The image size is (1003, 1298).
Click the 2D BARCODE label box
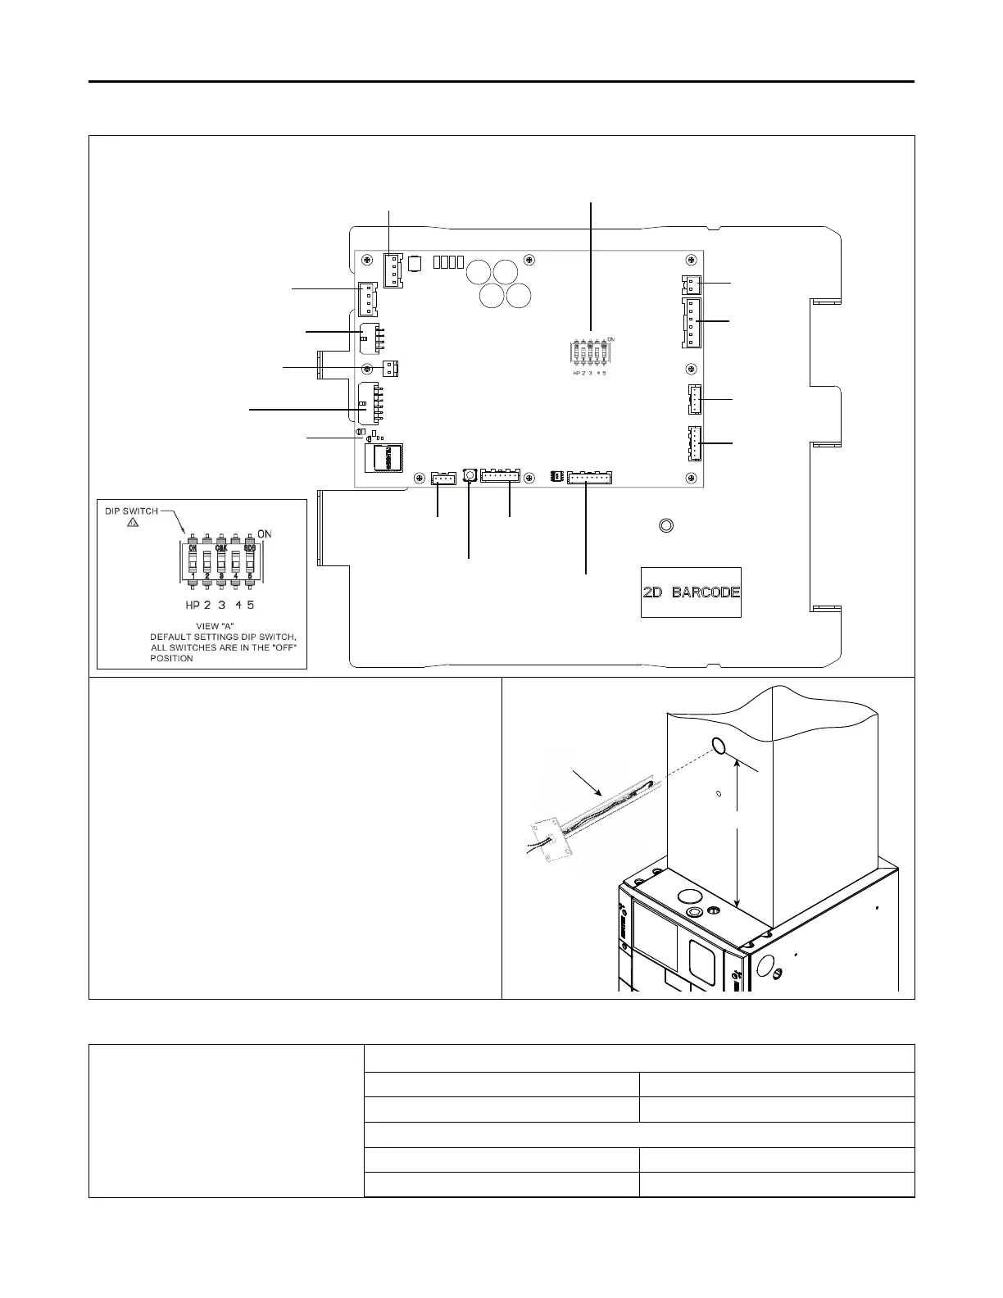[691, 592]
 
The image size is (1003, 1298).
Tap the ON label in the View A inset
[265, 534]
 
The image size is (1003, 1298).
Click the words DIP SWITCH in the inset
[131, 511]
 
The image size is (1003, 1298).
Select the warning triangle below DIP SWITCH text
[134, 523]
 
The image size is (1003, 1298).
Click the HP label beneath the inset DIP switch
[193, 605]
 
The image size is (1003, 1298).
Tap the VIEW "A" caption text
[201, 625]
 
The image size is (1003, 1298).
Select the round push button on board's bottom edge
[470, 474]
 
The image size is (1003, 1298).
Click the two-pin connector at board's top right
[692, 284]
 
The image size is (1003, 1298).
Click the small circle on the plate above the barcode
[666, 525]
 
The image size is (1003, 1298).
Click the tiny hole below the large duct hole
[718, 793]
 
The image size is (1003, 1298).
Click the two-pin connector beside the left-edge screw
[391, 368]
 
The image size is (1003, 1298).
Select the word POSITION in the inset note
[172, 658]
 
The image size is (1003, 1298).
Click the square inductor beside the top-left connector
[415, 263]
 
